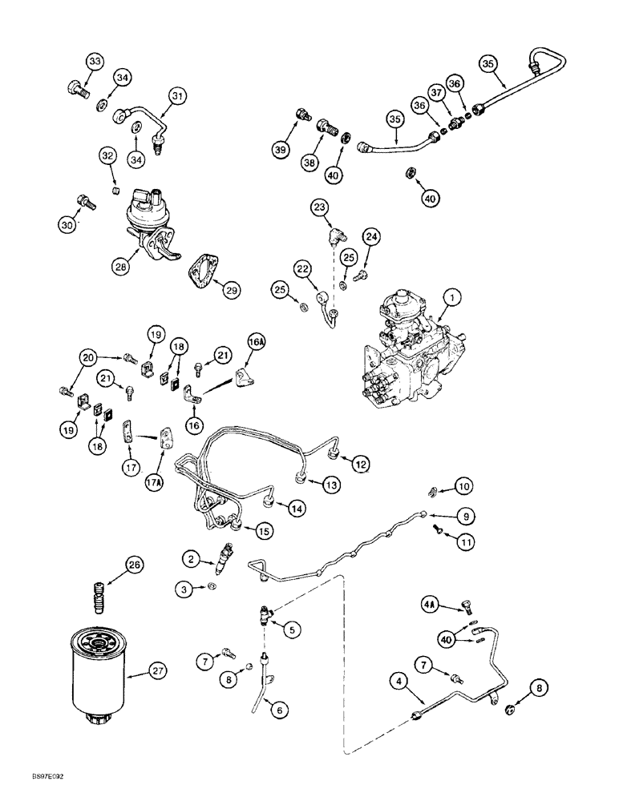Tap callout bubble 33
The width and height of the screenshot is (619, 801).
[x=95, y=62]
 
